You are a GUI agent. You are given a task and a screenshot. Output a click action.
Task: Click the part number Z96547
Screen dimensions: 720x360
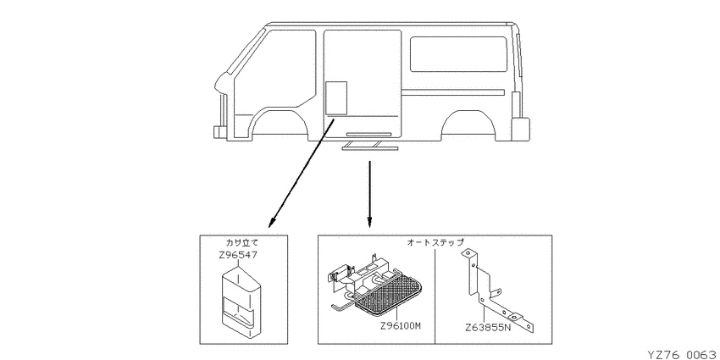coord(238,254)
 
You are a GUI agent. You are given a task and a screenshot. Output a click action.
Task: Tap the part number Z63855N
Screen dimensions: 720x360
coord(488,328)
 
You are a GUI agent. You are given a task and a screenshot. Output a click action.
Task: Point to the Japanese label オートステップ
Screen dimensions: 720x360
coord(435,242)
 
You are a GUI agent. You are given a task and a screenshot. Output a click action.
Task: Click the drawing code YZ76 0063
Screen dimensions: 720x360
coord(684,354)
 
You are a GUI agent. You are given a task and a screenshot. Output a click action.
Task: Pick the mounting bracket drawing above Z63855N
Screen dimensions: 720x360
coord(498,291)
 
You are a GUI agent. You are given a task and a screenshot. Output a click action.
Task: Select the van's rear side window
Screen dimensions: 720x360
coord(459,54)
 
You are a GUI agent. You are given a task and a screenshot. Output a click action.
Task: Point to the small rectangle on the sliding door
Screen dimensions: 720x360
coord(336,97)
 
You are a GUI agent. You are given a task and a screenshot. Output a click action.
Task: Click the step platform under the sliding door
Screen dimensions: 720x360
coord(370,147)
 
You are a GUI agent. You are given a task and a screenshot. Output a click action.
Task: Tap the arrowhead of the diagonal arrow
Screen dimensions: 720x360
coord(272,223)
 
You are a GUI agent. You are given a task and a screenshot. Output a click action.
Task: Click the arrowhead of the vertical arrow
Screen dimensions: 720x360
coord(369,224)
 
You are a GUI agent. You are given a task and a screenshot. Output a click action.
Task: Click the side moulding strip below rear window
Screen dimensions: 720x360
coord(453,92)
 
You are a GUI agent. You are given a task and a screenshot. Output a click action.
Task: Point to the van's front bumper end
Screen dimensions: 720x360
coord(219,132)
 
